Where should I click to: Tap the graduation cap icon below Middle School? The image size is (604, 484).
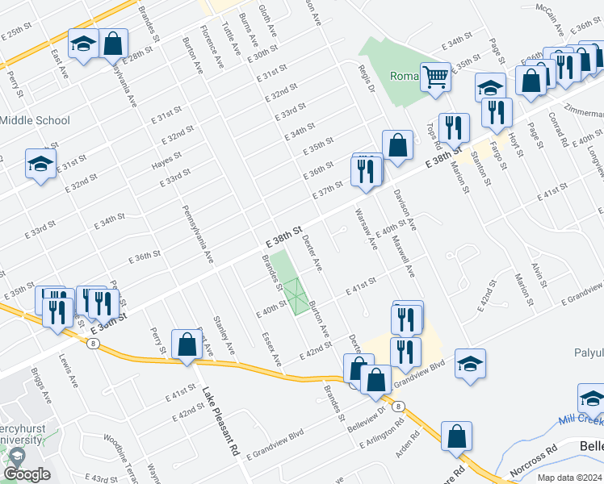[40, 165]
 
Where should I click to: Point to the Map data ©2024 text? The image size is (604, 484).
[568, 478]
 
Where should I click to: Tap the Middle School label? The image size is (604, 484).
[35, 121]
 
